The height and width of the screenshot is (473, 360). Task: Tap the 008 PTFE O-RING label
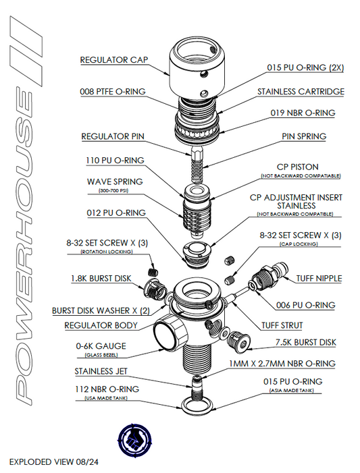click(x=113, y=91)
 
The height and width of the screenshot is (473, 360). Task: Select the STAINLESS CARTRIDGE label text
click(x=301, y=91)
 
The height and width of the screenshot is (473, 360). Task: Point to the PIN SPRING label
click(x=304, y=136)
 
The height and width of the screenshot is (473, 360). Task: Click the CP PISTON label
click(x=298, y=166)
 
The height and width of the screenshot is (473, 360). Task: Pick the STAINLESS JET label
click(x=109, y=371)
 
